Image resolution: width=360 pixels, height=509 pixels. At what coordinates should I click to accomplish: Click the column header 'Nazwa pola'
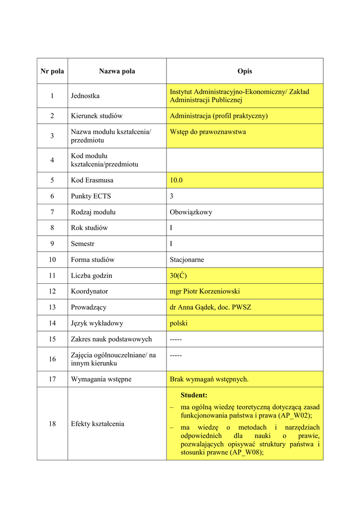(117, 71)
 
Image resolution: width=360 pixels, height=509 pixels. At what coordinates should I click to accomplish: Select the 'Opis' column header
(245, 71)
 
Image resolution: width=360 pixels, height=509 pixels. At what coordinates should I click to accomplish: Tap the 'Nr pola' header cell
(52, 71)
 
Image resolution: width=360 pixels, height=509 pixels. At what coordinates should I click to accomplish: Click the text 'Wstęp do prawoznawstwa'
(208, 132)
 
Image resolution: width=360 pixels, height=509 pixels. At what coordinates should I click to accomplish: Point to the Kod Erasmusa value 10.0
(176, 180)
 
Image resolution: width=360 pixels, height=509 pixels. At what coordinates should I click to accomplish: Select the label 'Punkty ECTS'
(91, 196)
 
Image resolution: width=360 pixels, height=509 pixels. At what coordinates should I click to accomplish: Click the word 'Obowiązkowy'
(191, 212)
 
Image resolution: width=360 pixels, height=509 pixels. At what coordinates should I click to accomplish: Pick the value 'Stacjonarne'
(187, 259)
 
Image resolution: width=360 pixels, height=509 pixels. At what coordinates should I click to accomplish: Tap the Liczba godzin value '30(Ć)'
(178, 275)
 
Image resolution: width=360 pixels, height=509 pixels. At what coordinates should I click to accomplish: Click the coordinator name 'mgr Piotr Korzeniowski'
(204, 291)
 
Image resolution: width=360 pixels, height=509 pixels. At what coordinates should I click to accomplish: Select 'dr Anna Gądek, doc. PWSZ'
(210, 307)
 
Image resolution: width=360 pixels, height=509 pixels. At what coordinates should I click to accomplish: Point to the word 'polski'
(179, 323)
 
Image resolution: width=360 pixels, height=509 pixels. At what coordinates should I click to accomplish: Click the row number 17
(52, 379)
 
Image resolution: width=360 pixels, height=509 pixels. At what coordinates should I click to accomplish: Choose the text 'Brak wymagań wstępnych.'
(209, 379)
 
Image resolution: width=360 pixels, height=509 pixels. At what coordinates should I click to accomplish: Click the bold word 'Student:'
(194, 395)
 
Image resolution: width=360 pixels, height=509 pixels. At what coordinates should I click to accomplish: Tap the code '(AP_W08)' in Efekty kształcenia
(238, 452)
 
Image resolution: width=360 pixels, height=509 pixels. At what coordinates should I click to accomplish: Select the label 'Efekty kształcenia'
(97, 424)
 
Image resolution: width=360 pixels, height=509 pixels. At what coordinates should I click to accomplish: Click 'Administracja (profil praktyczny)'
(219, 116)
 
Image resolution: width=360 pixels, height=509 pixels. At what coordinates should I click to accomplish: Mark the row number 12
(52, 291)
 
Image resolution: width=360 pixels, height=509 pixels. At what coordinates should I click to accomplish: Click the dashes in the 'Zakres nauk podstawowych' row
(176, 339)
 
